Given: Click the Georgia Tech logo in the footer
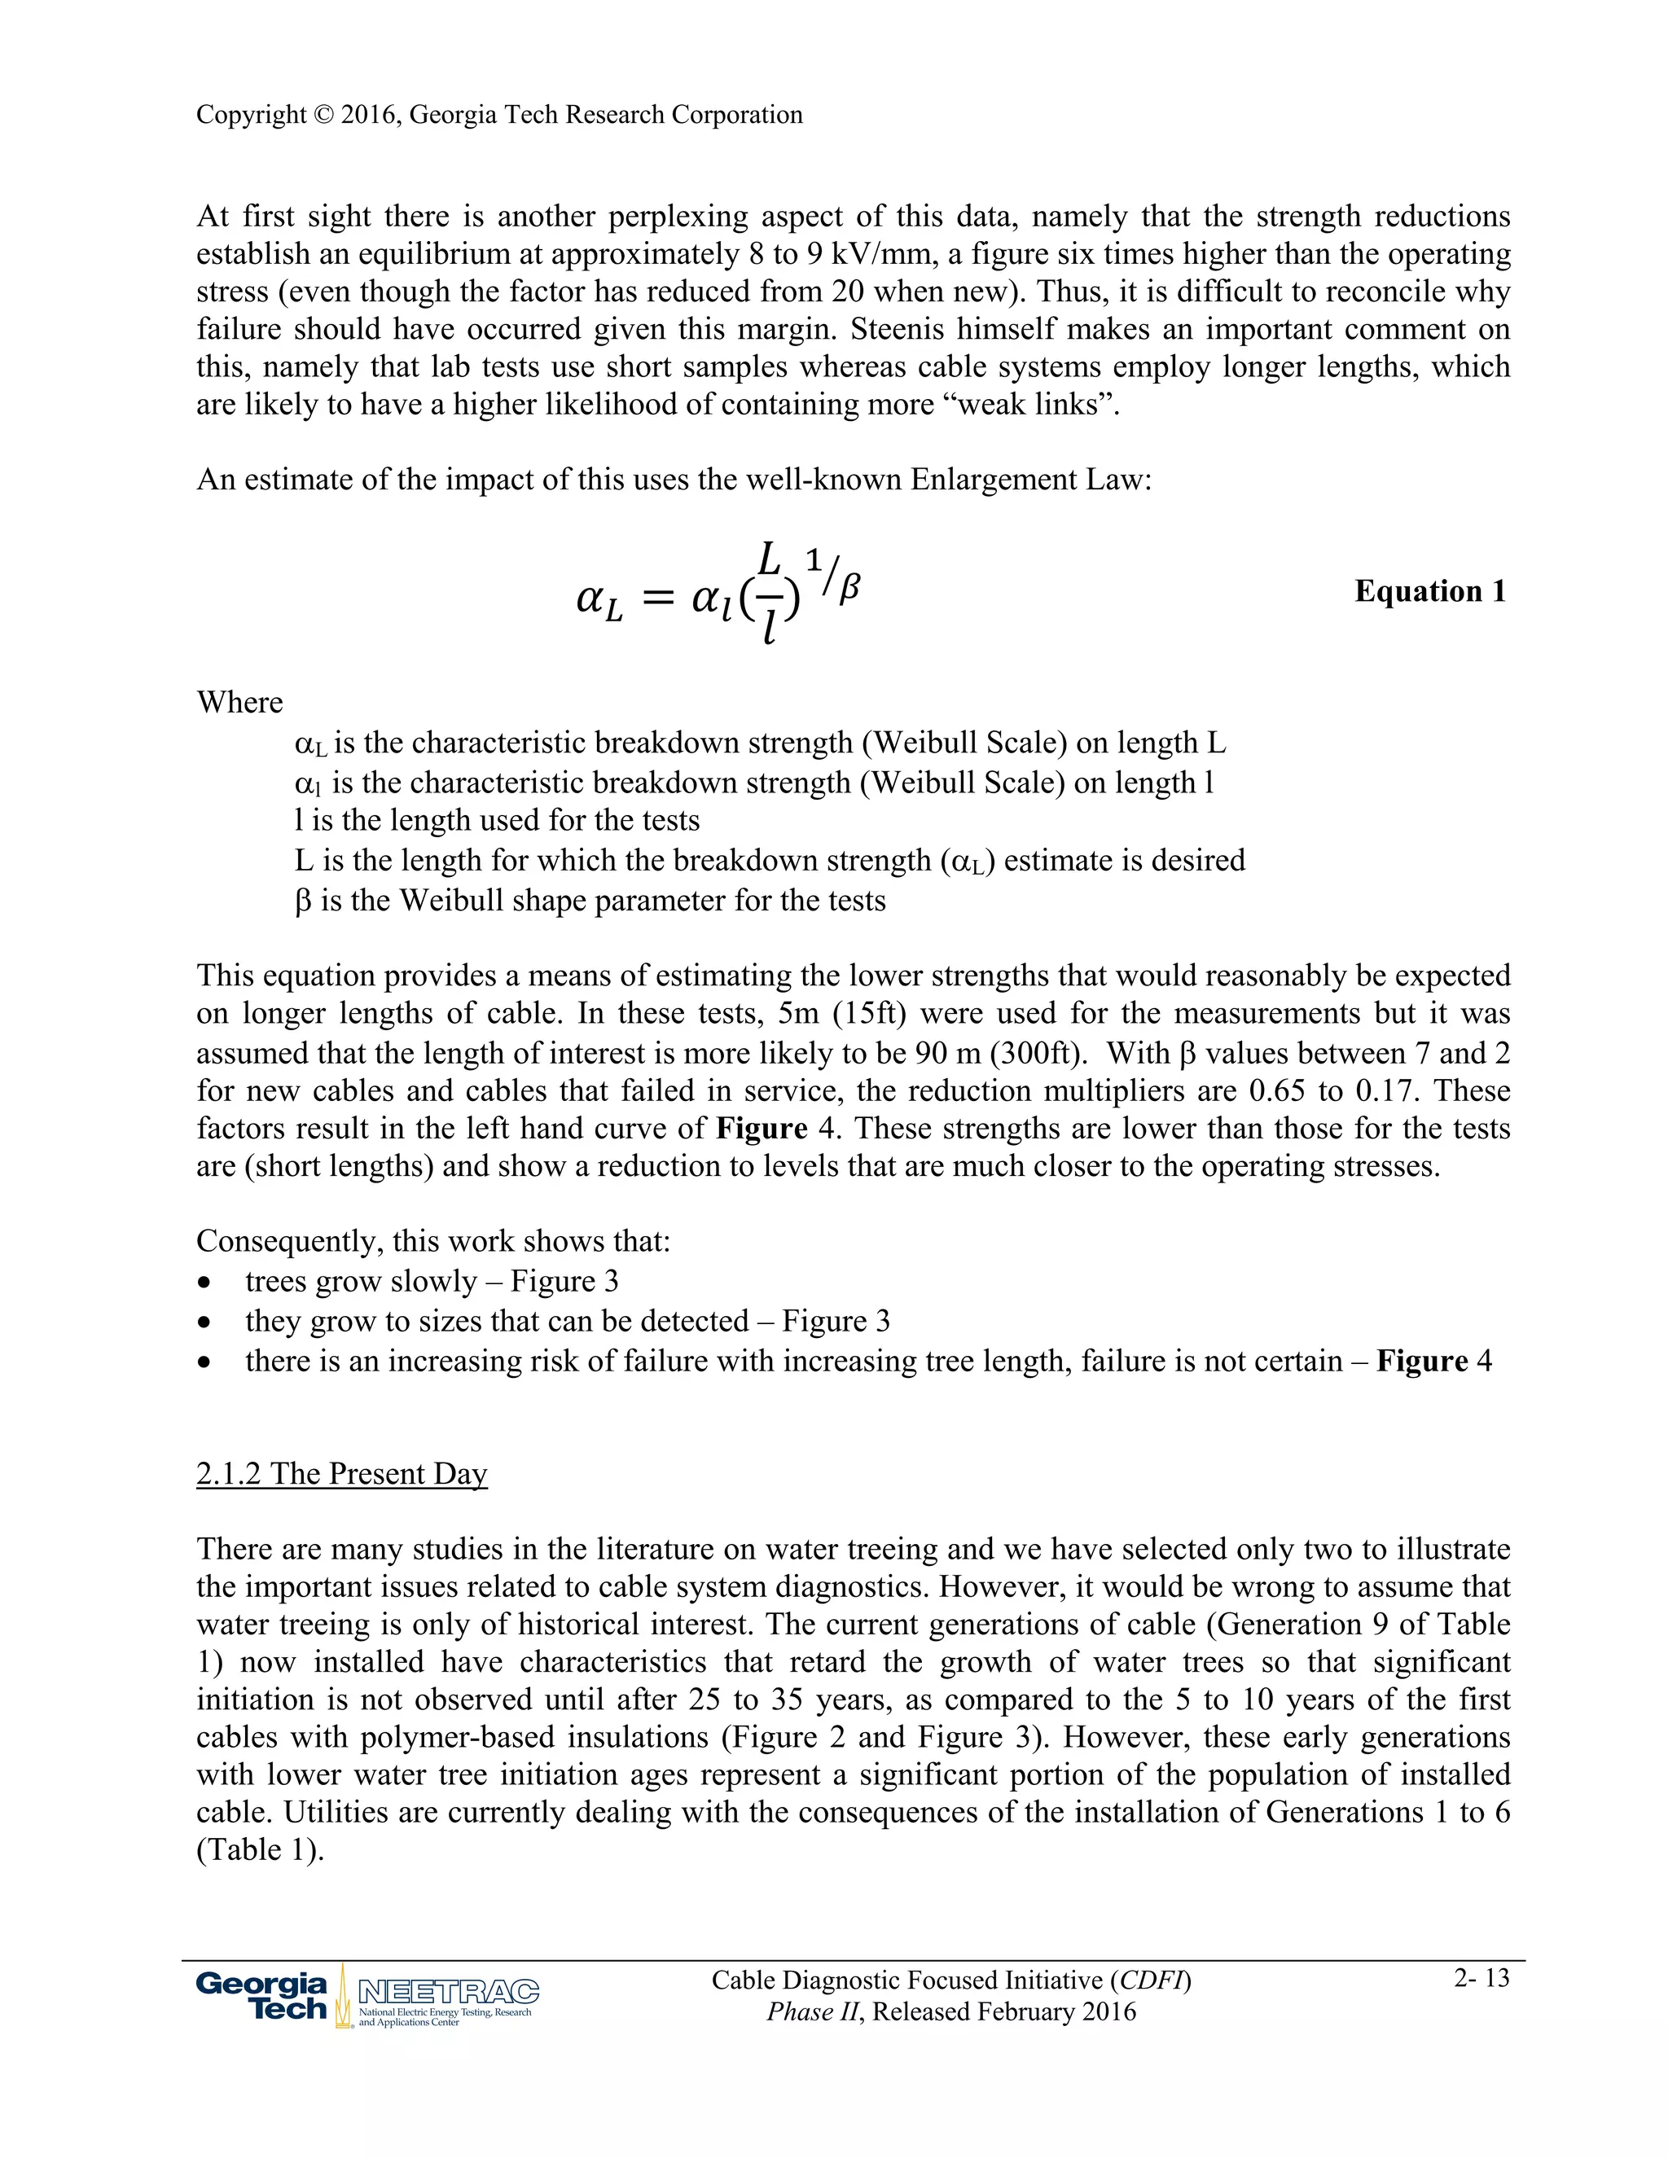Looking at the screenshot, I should pyautogui.click(x=262, y=1996).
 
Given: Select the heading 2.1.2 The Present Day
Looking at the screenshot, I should pyautogui.click(x=342, y=1473).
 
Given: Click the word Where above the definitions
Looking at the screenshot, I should pyautogui.click(x=240, y=703).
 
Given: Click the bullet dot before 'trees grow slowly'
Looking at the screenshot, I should pyautogui.click(x=204, y=1283).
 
